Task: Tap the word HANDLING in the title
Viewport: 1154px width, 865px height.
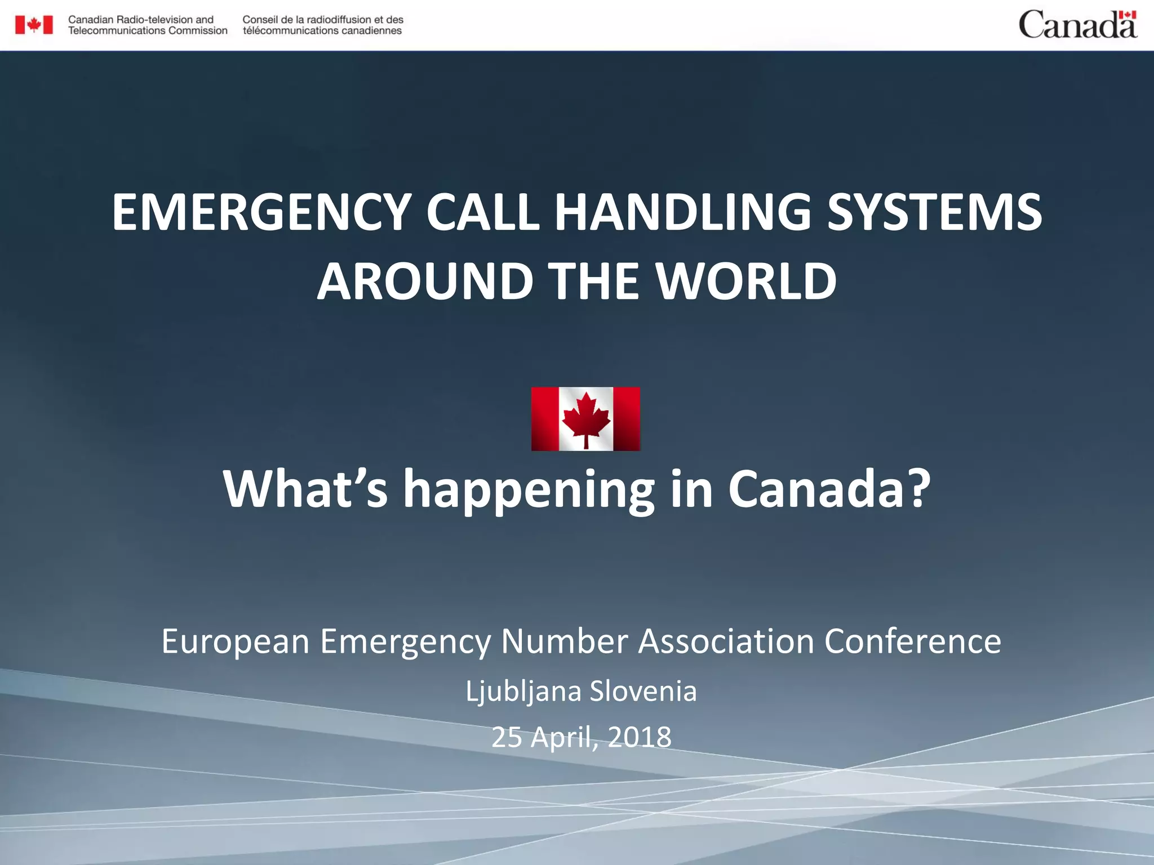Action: [x=682, y=212]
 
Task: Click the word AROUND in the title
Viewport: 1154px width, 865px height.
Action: [x=425, y=282]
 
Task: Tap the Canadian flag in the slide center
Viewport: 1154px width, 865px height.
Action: [x=585, y=418]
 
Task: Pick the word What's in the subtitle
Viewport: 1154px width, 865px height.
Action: [x=305, y=488]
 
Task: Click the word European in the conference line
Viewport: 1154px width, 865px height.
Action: [x=236, y=641]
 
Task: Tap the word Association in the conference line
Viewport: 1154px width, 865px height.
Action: [x=726, y=641]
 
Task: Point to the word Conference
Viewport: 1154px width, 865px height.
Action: [x=912, y=641]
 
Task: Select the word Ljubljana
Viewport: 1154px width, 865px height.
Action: [x=523, y=692]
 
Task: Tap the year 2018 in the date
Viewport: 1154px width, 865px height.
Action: [x=640, y=737]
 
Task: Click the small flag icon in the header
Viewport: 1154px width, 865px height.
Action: [x=34, y=25]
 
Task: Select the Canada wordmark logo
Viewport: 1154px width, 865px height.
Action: [x=1077, y=25]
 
